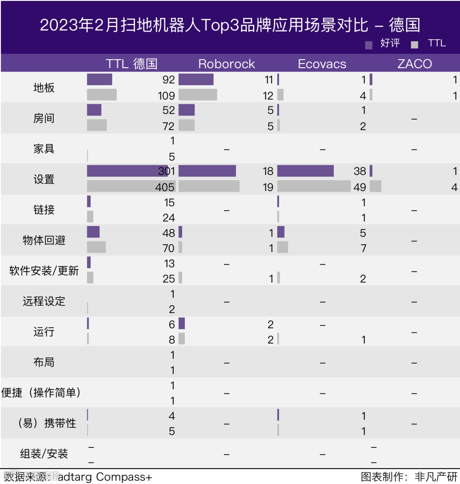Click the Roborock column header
click(x=227, y=64)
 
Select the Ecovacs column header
click(x=322, y=64)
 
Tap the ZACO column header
click(x=414, y=64)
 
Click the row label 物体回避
click(x=44, y=241)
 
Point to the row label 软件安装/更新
click(x=44, y=271)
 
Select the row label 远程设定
click(x=44, y=301)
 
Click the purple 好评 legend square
click(x=369, y=45)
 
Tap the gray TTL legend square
click(x=414, y=45)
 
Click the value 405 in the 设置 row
click(x=165, y=187)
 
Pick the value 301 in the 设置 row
click(x=167, y=171)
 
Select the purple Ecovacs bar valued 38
click(x=305, y=171)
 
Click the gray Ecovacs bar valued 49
click(x=314, y=186)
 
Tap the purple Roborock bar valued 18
click(x=207, y=171)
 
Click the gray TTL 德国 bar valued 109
click(x=102, y=95)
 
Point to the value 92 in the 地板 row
click(x=169, y=80)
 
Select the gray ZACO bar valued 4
click(x=375, y=186)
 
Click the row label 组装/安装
click(x=44, y=454)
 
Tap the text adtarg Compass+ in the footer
click(x=105, y=477)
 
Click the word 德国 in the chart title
click(x=404, y=25)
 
